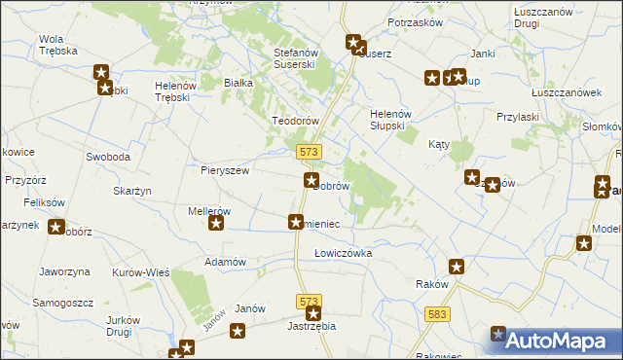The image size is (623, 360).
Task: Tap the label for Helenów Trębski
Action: pos(176,92)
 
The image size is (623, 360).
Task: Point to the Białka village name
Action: pos(238,84)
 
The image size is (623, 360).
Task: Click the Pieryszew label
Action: pos(226,169)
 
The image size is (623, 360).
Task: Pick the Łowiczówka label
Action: pos(343,253)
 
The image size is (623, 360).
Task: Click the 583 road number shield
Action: pos(438,312)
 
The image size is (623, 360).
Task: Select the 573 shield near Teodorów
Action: pos(310,152)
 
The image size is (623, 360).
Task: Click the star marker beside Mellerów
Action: pos(216,224)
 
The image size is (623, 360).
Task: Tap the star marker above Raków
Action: pos(457,267)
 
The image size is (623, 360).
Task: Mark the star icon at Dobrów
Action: pos(311,180)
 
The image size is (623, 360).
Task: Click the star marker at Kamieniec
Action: pos(295,223)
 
